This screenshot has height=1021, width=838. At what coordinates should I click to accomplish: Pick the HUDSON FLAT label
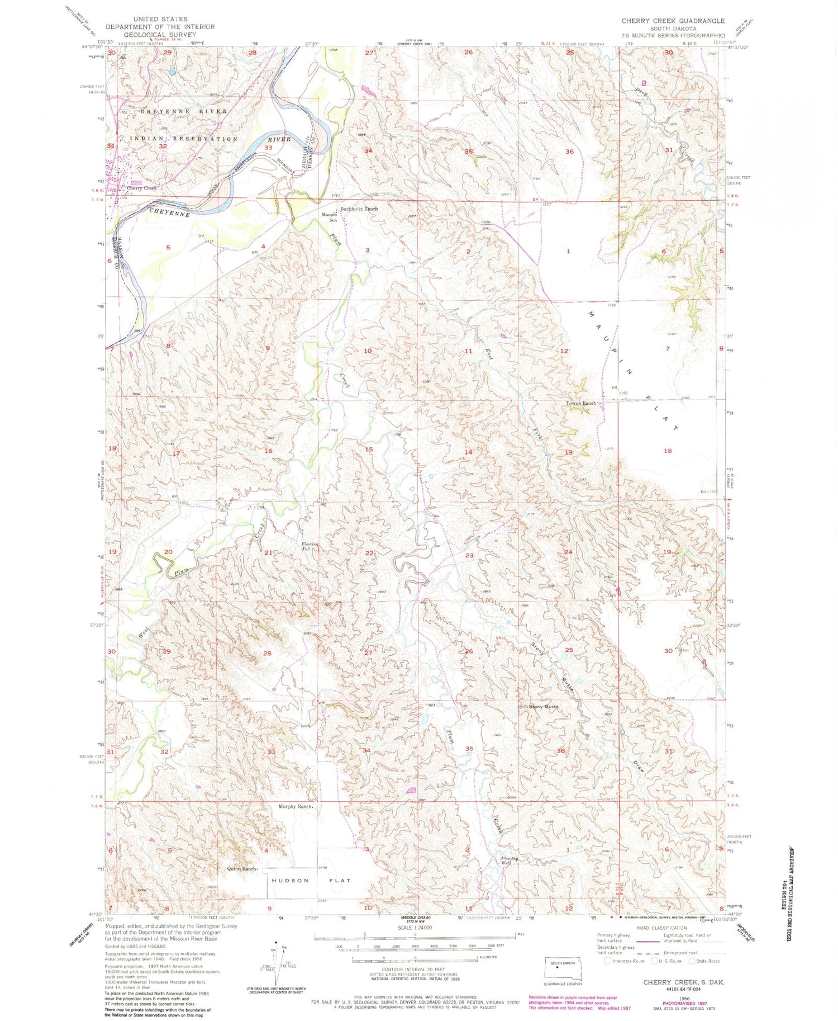click(x=312, y=880)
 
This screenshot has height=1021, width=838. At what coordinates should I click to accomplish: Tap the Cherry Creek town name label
click(x=142, y=188)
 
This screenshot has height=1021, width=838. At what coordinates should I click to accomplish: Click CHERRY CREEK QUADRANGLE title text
click(x=673, y=21)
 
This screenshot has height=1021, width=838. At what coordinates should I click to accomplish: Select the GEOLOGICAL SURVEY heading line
click(x=160, y=34)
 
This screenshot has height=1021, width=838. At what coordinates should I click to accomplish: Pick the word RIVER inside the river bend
click(x=279, y=138)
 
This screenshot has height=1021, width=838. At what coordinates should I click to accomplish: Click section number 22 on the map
click(x=369, y=553)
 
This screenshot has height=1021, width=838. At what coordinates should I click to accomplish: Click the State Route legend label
click(x=707, y=961)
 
